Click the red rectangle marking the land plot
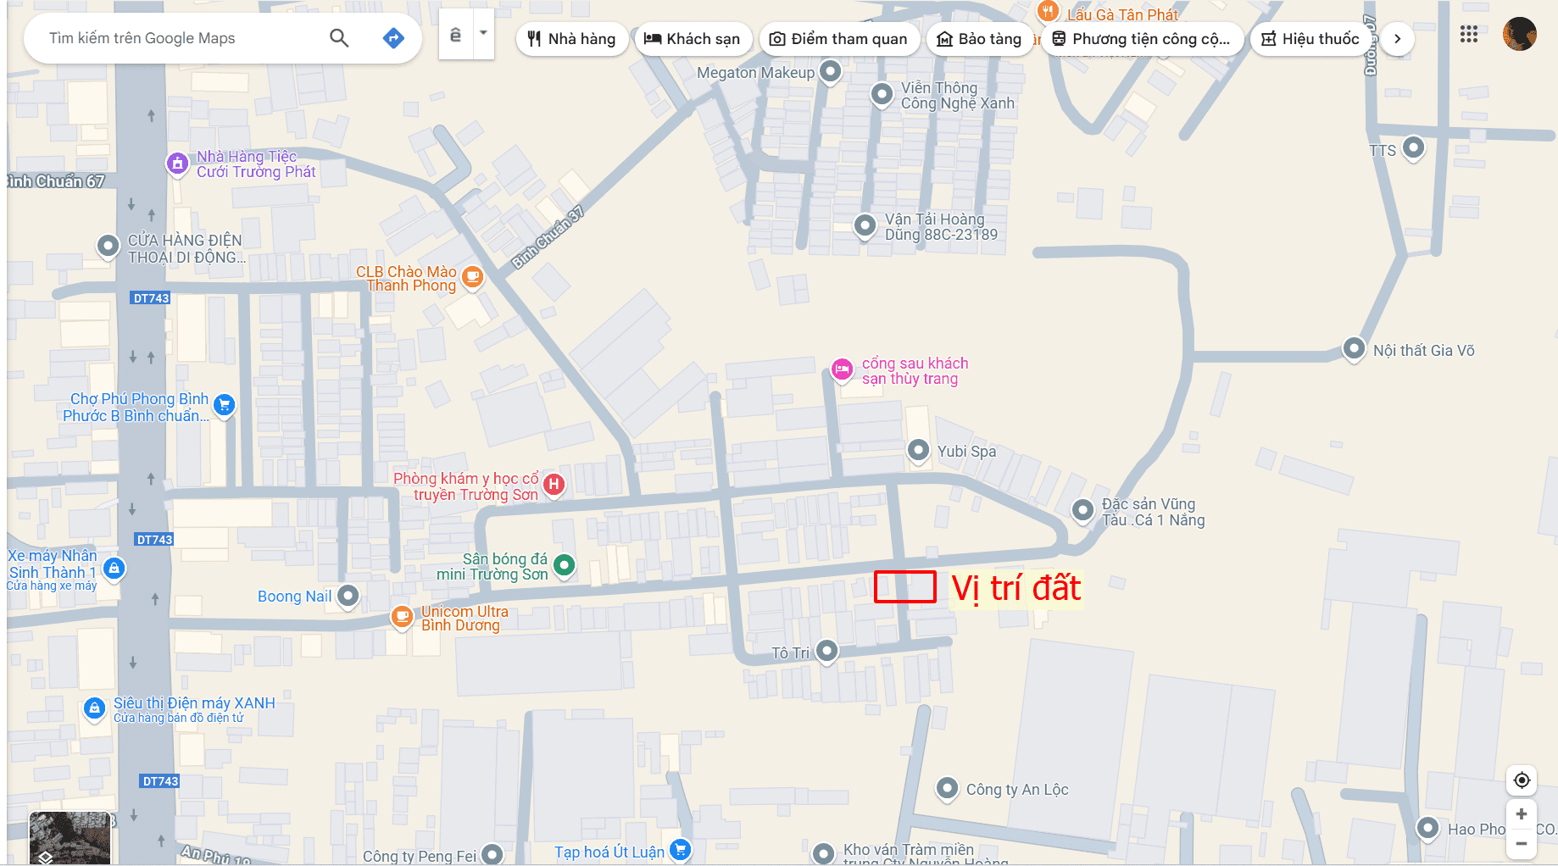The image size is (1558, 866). click(x=904, y=586)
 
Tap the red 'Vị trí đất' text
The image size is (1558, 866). click(x=1015, y=588)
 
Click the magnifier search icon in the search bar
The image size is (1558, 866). click(x=339, y=38)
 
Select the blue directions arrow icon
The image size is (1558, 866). click(x=393, y=38)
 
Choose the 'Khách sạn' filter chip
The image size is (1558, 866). click(x=692, y=39)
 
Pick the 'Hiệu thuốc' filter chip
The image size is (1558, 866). click(x=1310, y=39)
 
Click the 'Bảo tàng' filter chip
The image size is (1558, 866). click(x=979, y=39)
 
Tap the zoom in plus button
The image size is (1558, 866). click(x=1522, y=813)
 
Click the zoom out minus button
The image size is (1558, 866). click(x=1522, y=844)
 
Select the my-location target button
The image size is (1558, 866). click(x=1522, y=780)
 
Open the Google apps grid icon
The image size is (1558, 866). click(x=1469, y=34)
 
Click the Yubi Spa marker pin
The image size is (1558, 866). click(x=918, y=449)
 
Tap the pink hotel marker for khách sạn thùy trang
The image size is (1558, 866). click(x=842, y=369)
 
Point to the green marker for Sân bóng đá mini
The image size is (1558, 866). click(x=564, y=564)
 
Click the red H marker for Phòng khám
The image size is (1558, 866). click(x=554, y=484)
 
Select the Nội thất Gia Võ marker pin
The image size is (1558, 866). click(x=1354, y=348)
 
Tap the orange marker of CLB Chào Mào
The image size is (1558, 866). click(x=472, y=276)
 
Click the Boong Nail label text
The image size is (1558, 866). click(x=294, y=597)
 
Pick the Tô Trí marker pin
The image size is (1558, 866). click(x=826, y=651)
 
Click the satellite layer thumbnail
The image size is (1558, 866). click(x=70, y=837)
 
